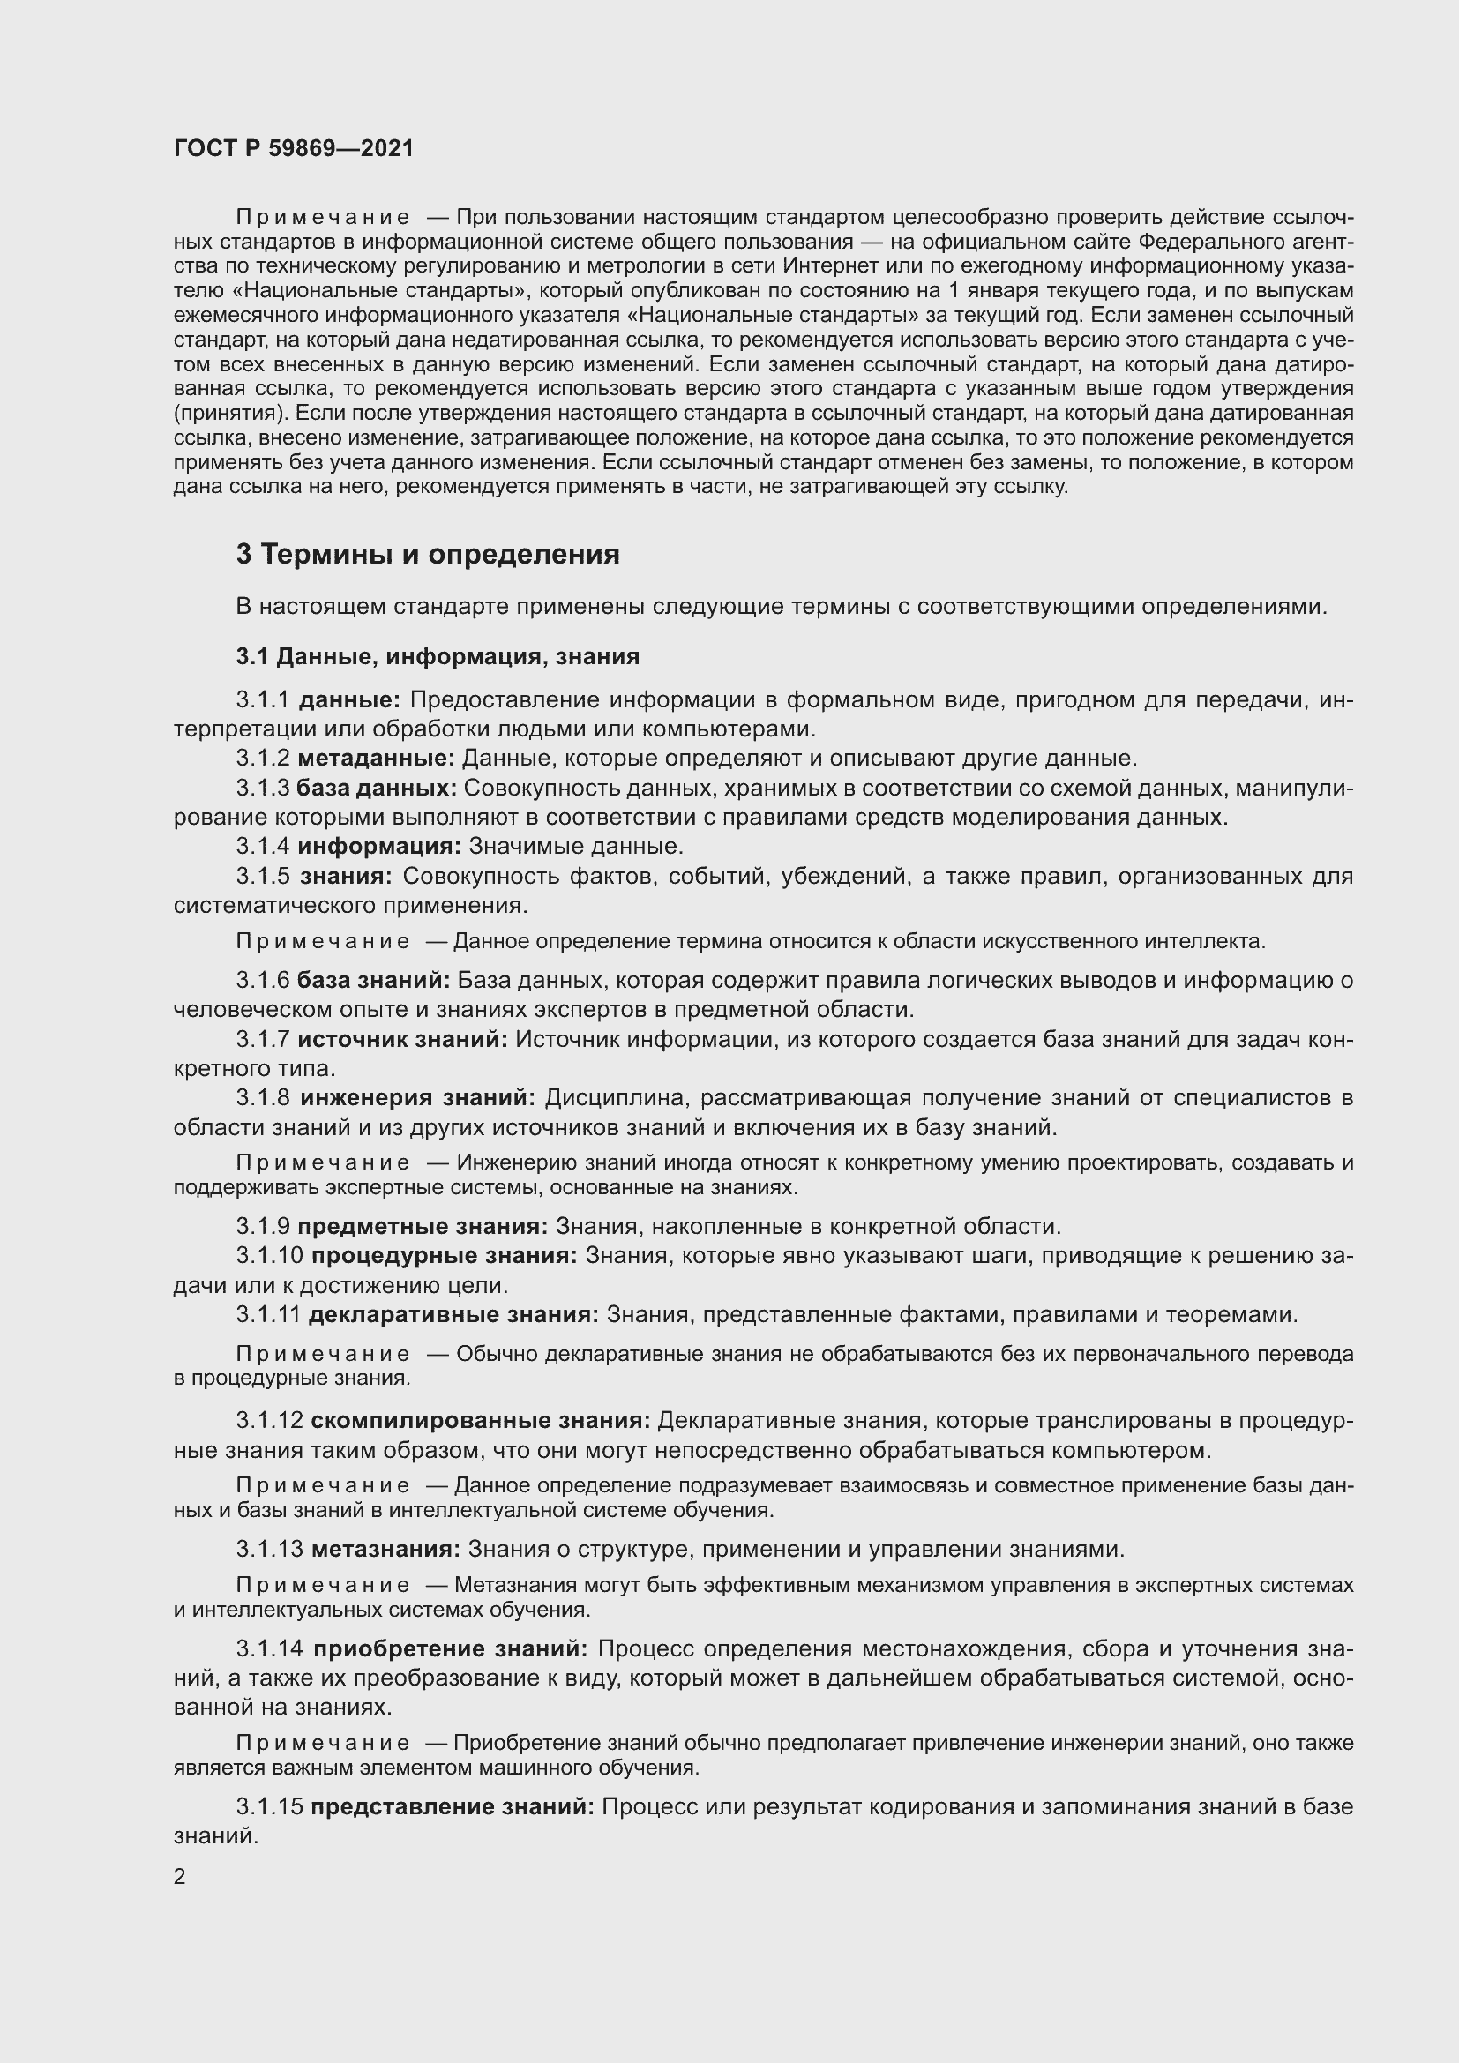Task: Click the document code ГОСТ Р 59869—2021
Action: coord(294,148)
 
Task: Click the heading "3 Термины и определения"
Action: coord(428,555)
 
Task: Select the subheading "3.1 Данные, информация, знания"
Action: coord(438,657)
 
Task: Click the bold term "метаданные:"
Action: coord(377,759)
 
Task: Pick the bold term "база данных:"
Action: coord(377,788)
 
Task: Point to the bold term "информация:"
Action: coord(379,847)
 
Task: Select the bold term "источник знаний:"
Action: coord(402,1040)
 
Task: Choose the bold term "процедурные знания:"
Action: coord(445,1255)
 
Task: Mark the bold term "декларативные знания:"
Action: coord(453,1314)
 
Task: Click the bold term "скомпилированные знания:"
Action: coord(481,1421)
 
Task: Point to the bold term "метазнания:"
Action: coord(386,1549)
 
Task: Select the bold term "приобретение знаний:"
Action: coord(451,1648)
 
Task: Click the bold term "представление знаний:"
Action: coord(452,1807)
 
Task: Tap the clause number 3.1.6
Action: coord(263,980)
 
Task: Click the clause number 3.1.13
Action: coord(271,1549)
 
